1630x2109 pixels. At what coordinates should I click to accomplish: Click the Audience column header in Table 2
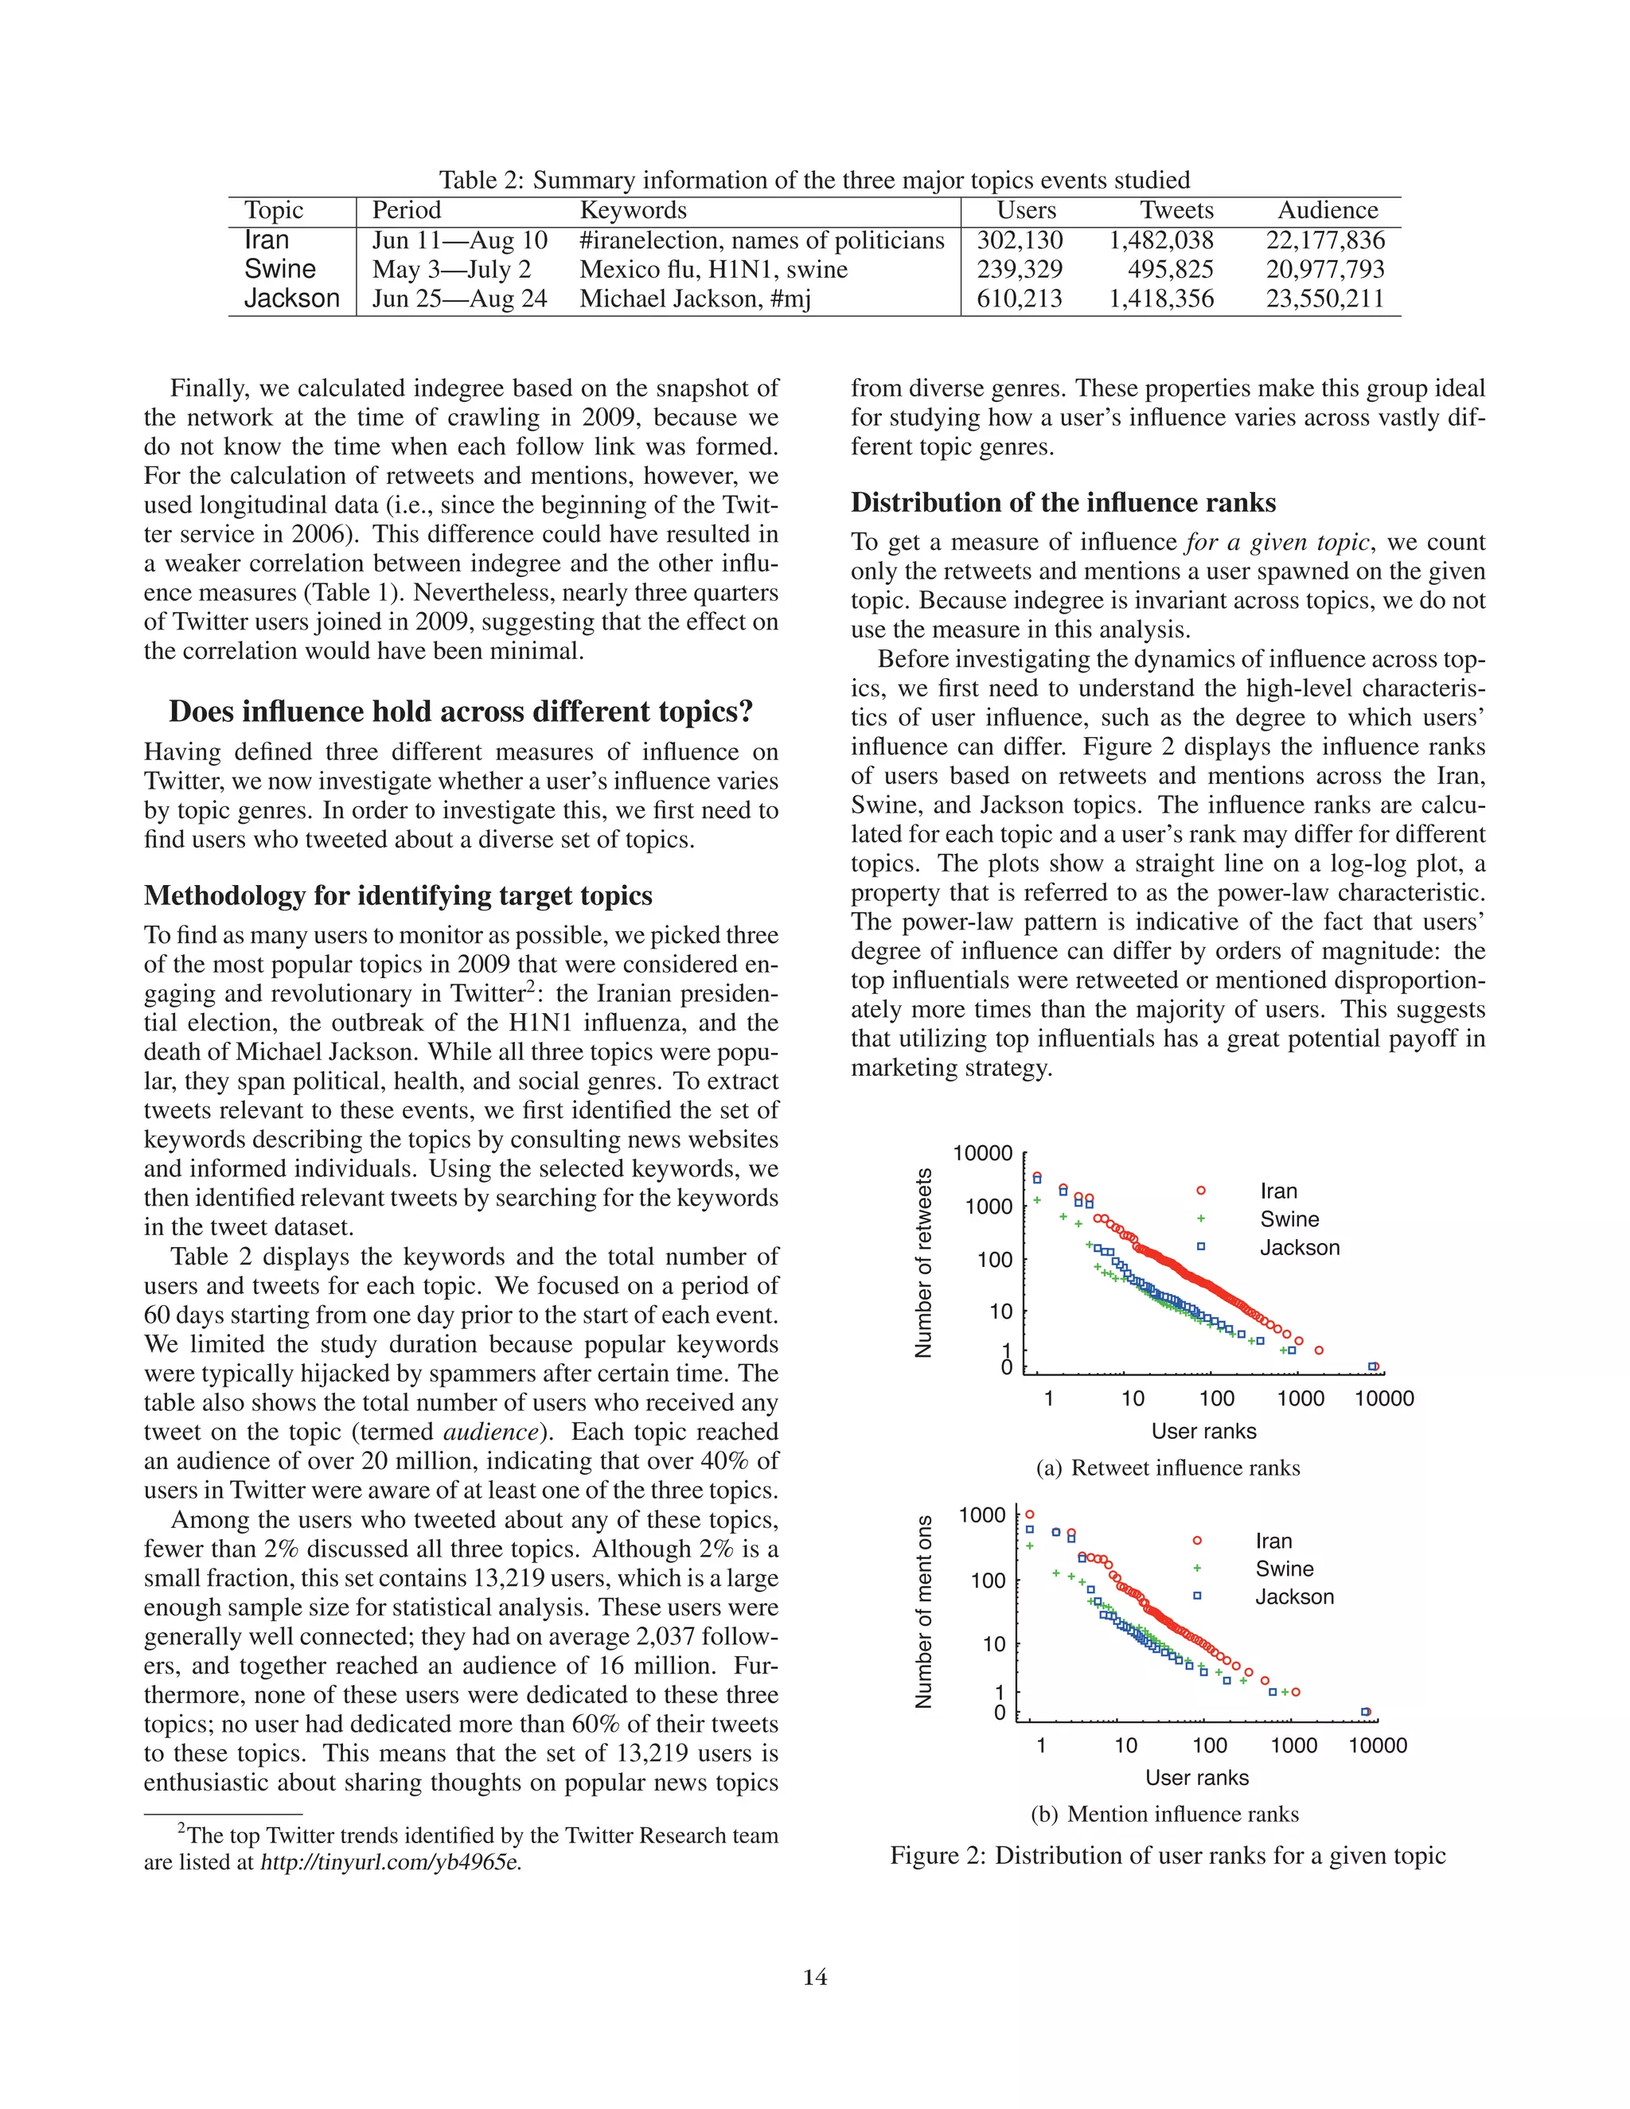[x=1327, y=211]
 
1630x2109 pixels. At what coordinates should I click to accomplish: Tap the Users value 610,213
[x=1019, y=298]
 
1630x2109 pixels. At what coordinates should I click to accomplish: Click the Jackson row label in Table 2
[x=291, y=298]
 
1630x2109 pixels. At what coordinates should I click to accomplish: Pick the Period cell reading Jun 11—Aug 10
[x=460, y=240]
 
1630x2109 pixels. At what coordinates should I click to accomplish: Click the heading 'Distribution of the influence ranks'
[x=1063, y=502]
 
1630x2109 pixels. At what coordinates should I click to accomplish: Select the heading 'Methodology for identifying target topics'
[x=398, y=895]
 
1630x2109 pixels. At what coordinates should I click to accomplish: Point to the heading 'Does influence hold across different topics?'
[x=461, y=711]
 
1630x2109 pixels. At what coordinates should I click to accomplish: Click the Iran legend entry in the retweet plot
[x=1277, y=1191]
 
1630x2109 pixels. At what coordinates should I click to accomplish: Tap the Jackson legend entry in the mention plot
[x=1293, y=1596]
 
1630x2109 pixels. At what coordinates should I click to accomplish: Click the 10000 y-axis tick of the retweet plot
[x=982, y=1153]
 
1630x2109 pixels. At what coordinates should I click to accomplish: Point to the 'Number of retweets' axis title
[x=923, y=1262]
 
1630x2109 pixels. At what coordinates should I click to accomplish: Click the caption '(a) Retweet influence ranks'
[x=1168, y=1468]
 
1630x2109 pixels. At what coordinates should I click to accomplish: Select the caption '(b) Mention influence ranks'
[x=1164, y=1814]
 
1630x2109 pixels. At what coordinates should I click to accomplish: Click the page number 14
[x=814, y=1977]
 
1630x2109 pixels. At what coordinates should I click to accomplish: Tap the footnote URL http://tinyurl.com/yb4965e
[x=391, y=1861]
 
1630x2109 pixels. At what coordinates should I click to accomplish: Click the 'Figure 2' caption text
[x=1167, y=1855]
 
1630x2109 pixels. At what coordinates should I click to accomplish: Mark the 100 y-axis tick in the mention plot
[x=988, y=1581]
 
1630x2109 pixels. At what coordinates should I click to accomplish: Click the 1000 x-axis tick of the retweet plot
[x=1300, y=1398]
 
